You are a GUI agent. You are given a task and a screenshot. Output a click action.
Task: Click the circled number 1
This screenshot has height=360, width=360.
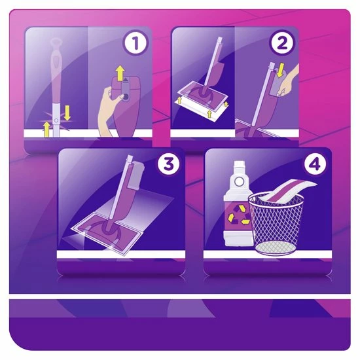[x=135, y=43]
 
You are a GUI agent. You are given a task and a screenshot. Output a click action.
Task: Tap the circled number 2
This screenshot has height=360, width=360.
[x=282, y=43]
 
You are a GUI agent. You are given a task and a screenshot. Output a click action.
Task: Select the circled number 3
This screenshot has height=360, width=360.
[x=168, y=164]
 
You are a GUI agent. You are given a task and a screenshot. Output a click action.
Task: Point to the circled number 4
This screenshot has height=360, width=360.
[x=315, y=164]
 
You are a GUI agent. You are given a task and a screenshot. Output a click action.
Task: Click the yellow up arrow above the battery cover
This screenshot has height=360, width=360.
[x=120, y=73]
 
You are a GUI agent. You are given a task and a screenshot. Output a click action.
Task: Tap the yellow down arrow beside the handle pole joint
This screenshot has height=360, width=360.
[x=67, y=113]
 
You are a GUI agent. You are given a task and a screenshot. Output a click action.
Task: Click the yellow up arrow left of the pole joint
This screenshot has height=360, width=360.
[x=46, y=130]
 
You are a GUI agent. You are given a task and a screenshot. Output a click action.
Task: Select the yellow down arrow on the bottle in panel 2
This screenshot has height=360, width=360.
[x=280, y=70]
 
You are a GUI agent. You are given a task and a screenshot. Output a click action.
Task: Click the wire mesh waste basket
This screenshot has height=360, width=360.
[x=276, y=223]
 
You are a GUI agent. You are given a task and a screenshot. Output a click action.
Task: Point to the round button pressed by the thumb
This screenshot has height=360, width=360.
[x=126, y=97]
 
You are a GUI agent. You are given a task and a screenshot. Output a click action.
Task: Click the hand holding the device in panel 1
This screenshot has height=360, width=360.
[x=109, y=110]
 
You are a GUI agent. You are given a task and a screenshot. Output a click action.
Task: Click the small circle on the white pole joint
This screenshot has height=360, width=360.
[x=56, y=120]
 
